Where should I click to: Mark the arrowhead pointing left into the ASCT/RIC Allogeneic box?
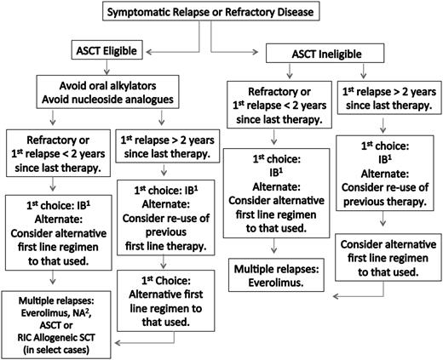[121, 343]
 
